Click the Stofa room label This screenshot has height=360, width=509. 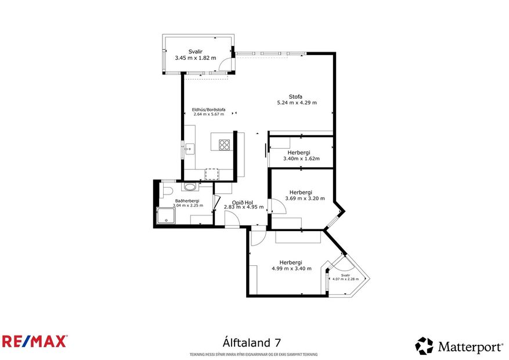[x=296, y=97]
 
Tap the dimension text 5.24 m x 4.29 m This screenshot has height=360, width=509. [x=297, y=103]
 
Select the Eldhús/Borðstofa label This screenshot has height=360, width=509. [x=208, y=109]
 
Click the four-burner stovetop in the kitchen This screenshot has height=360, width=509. [x=224, y=145]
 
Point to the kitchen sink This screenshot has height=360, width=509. [x=187, y=149]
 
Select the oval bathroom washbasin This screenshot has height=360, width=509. [x=189, y=188]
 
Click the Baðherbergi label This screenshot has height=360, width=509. [x=185, y=201]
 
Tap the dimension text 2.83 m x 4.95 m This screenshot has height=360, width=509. [x=244, y=207]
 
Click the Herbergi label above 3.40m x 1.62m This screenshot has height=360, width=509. [x=298, y=153]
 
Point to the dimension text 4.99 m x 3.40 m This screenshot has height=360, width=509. [x=291, y=268]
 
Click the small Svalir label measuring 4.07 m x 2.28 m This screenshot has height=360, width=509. [x=345, y=275]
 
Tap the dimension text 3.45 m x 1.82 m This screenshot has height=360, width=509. [x=195, y=57]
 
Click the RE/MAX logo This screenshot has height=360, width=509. [x=34, y=341]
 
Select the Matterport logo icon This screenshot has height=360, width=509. [x=424, y=346]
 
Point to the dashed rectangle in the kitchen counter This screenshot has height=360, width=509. [x=212, y=173]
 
